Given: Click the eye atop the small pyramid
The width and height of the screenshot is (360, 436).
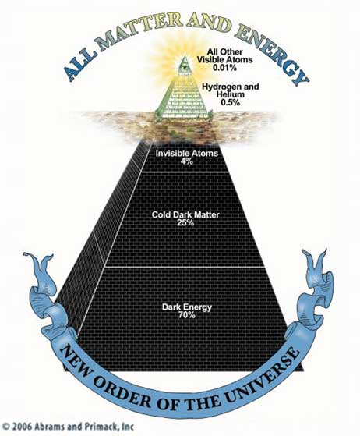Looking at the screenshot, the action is point(183,66).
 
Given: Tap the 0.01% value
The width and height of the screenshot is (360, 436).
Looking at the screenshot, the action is point(224,67).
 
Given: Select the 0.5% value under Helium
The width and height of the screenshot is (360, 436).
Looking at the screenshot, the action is point(230,102).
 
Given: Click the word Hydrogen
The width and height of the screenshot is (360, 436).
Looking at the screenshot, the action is point(219,87).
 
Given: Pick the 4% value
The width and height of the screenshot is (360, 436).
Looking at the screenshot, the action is point(186,161).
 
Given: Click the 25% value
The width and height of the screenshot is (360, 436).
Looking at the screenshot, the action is point(185,222).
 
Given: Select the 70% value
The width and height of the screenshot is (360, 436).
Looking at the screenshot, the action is point(187,315).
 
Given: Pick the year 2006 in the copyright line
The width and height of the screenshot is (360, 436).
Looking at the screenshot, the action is point(23,427).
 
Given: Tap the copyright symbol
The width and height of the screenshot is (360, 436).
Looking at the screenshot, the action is point(7,427).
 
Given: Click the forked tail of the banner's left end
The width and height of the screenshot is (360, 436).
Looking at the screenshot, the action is point(38,265).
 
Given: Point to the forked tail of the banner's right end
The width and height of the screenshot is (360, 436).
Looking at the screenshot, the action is point(317,264).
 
